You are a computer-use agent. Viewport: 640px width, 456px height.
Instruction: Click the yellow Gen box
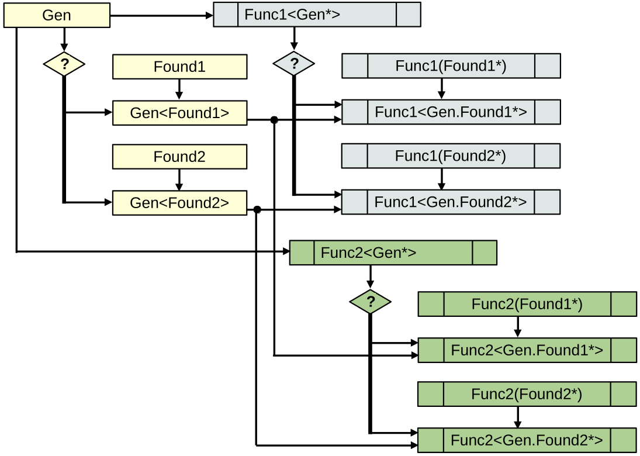point(57,15)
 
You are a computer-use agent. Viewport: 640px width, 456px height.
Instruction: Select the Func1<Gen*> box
point(317,15)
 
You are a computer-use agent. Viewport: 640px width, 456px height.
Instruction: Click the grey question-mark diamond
point(294,64)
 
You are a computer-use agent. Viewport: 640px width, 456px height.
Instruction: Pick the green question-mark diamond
point(370,302)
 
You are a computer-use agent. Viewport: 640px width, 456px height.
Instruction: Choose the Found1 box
point(179,67)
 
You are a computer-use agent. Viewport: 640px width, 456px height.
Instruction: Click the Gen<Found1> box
point(179,113)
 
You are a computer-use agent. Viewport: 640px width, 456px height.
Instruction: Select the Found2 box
point(179,157)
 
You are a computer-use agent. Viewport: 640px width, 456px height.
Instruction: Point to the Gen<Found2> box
point(179,203)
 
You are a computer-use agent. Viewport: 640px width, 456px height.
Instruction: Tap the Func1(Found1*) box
point(451,66)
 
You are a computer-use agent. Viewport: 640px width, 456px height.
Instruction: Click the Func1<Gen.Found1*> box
point(451,112)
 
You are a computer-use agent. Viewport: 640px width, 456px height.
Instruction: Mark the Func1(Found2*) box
point(451,156)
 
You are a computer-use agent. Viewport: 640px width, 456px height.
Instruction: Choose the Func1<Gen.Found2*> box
point(451,202)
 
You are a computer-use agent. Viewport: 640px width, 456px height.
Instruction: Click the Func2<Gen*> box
point(393,253)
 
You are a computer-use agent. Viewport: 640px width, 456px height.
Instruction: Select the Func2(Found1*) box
point(527,304)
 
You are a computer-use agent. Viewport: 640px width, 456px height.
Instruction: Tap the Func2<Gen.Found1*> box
point(527,350)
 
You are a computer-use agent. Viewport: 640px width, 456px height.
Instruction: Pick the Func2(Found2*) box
point(527,394)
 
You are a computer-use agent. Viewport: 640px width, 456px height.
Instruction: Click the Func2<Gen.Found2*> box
point(527,440)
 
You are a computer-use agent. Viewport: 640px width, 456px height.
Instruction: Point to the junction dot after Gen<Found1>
point(274,120)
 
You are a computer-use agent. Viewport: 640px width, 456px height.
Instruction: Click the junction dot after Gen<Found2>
point(257,209)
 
